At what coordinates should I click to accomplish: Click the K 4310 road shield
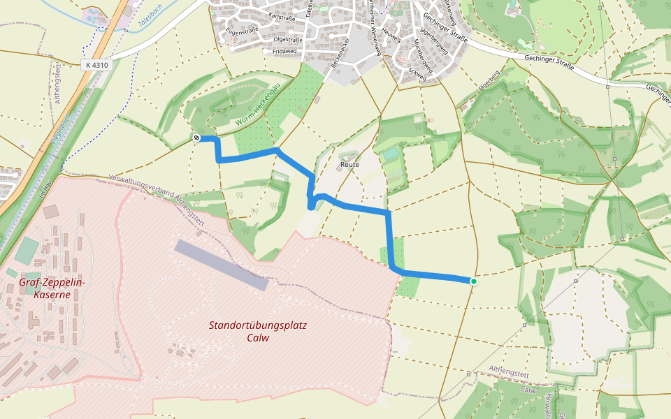(x=96, y=65)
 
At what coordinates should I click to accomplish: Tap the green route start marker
(x=473, y=281)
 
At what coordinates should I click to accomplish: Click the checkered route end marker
(x=198, y=138)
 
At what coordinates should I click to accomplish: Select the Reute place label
(x=349, y=164)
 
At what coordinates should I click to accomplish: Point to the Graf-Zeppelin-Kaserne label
(x=52, y=288)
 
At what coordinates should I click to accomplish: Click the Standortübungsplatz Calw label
(x=258, y=331)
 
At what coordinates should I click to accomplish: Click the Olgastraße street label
(x=287, y=40)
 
